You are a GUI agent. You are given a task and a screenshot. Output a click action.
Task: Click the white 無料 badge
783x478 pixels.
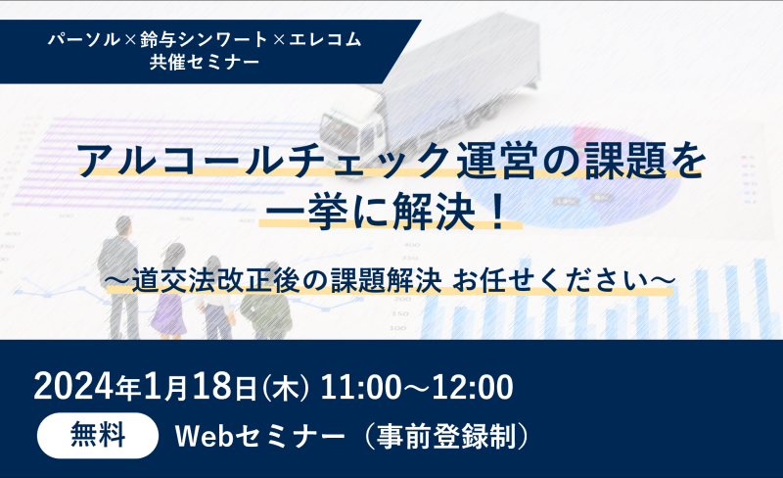click(98, 436)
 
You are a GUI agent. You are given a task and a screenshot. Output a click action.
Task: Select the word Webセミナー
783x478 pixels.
click(259, 436)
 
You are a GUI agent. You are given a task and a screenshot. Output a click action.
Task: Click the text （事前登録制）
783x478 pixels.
click(446, 436)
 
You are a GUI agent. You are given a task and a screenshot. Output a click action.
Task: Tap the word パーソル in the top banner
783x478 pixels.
click(84, 39)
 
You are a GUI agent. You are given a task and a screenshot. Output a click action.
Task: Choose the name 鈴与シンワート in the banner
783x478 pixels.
click(204, 39)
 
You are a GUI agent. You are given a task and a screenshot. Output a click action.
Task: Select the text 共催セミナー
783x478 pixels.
click(205, 62)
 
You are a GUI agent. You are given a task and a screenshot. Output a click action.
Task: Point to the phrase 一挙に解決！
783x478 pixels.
click(391, 212)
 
